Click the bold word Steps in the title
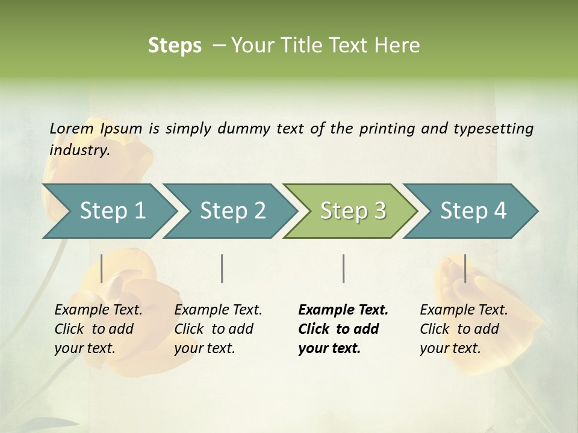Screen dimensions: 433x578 [x=175, y=46]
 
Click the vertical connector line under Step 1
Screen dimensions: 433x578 [x=102, y=268]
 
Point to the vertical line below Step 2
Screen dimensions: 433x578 [x=222, y=268]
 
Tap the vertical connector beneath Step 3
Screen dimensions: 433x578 [x=343, y=268]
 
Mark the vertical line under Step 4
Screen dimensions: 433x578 [x=465, y=268]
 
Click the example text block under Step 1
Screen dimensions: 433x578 [x=98, y=329]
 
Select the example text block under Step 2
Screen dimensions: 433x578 [x=218, y=329]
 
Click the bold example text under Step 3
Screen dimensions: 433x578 [x=343, y=329]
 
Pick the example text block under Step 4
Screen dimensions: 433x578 [x=464, y=329]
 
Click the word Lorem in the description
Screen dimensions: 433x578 [x=72, y=128]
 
